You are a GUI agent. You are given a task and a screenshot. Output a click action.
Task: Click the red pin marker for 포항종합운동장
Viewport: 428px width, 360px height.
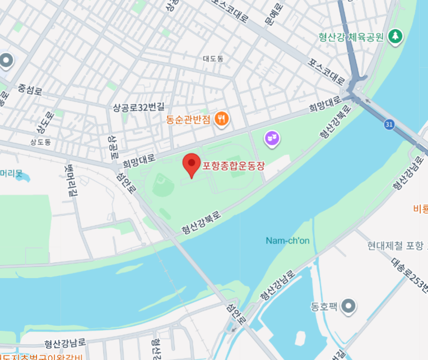point(192,164)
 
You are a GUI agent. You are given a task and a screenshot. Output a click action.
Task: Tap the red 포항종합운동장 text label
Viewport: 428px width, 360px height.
point(232,166)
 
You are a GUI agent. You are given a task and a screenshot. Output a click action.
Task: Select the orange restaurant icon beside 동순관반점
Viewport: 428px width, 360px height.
point(222,119)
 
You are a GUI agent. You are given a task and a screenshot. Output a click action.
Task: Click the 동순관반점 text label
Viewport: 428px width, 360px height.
point(188,119)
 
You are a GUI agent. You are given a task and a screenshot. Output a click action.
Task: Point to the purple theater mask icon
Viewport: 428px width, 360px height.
point(272,137)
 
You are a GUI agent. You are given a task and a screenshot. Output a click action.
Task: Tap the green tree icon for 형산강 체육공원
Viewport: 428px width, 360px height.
point(396,36)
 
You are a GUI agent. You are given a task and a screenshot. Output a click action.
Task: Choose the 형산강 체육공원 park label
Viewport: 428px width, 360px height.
point(351,37)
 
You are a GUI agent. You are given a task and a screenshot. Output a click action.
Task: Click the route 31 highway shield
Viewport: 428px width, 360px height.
point(389,124)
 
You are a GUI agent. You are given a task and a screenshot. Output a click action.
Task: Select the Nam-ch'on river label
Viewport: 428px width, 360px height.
point(287,241)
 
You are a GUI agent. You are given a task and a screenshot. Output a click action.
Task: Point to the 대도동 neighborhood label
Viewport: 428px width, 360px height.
point(213,58)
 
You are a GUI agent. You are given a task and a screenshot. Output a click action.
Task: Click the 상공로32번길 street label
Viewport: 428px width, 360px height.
point(138,107)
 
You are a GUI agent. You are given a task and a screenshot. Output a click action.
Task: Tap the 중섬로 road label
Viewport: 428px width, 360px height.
point(30,89)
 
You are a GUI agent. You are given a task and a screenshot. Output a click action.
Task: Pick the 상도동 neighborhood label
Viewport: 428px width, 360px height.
point(40,142)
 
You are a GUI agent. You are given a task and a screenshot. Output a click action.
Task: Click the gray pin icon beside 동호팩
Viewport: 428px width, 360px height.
point(349,306)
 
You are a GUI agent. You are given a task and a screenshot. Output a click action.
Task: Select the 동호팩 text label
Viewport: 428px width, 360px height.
point(324,307)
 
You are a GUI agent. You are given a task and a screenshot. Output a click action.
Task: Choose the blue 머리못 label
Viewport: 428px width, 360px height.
point(11,173)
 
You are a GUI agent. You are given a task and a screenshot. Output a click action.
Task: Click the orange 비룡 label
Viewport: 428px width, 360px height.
point(420,209)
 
